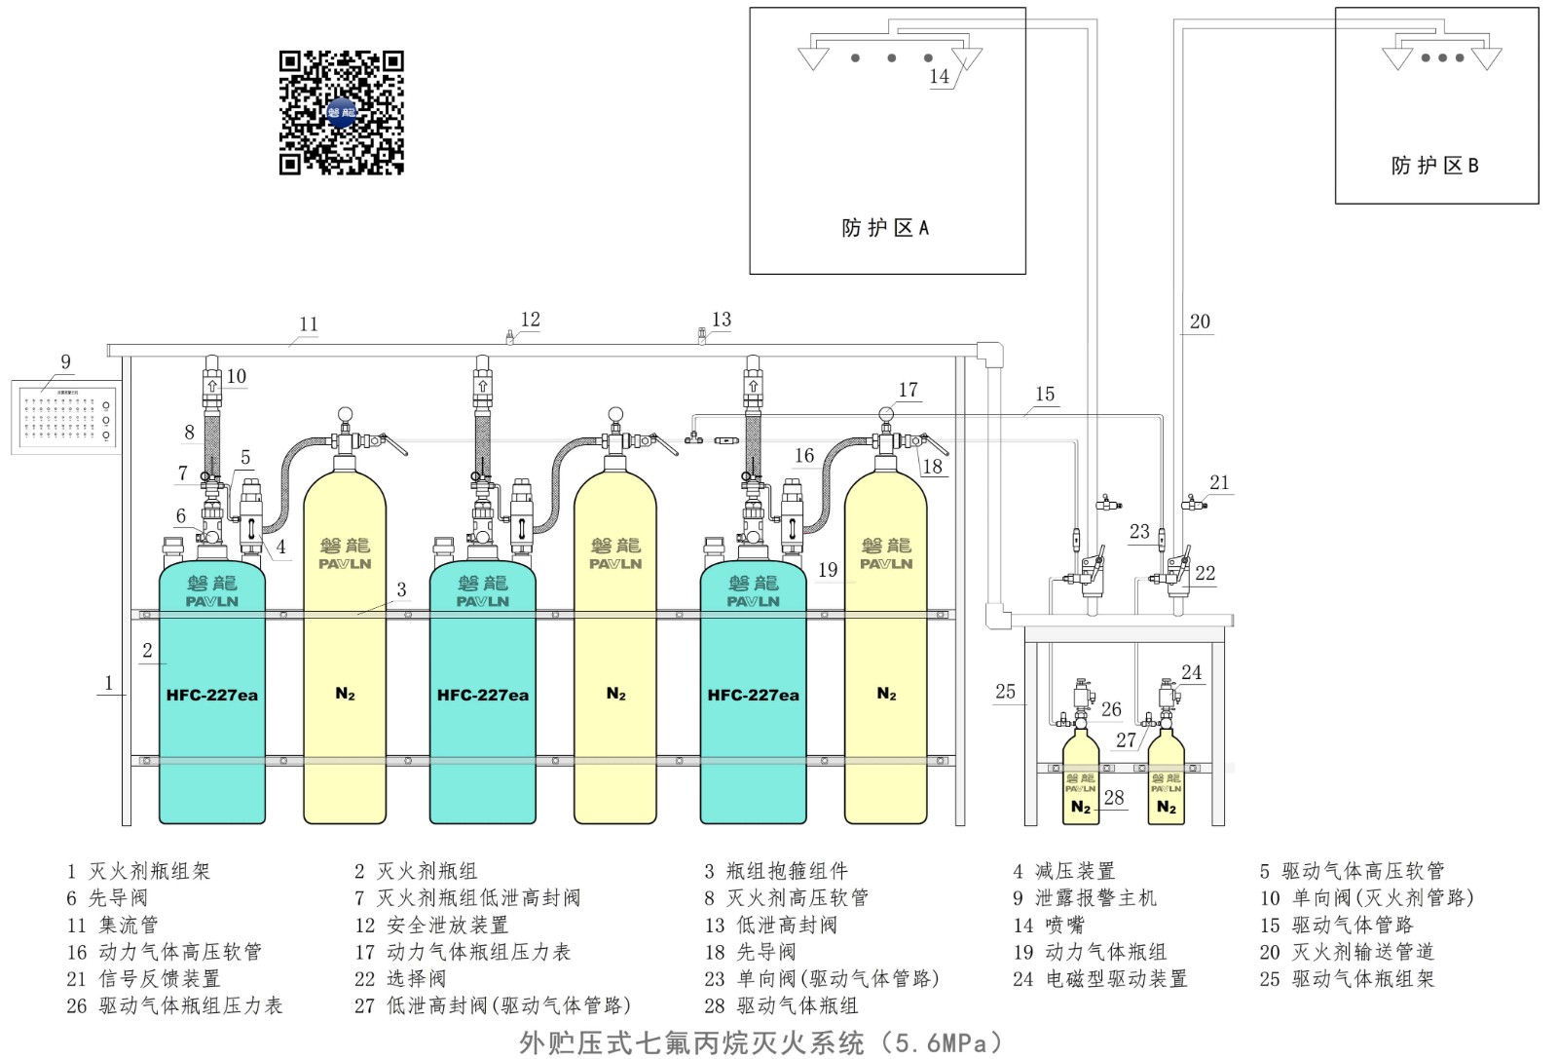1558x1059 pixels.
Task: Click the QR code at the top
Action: point(341,112)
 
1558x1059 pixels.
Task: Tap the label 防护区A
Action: point(885,228)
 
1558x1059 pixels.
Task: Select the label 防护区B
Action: point(1434,166)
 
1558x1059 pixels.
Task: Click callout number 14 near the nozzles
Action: point(939,76)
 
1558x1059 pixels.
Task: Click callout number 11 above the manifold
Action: point(309,324)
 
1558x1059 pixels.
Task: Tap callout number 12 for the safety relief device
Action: point(530,320)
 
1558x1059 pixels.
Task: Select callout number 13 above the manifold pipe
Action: point(722,320)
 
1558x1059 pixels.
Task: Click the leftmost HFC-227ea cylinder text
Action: point(211,696)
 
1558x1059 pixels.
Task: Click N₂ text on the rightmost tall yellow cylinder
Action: point(886,694)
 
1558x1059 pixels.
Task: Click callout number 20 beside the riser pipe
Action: point(1200,321)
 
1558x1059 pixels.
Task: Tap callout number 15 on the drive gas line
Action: point(1045,394)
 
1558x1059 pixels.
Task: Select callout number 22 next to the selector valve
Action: point(1206,573)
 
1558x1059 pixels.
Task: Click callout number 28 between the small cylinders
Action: point(1114,797)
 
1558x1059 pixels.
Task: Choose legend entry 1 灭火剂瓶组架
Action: point(138,871)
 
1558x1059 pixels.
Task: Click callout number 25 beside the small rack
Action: point(1005,691)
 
